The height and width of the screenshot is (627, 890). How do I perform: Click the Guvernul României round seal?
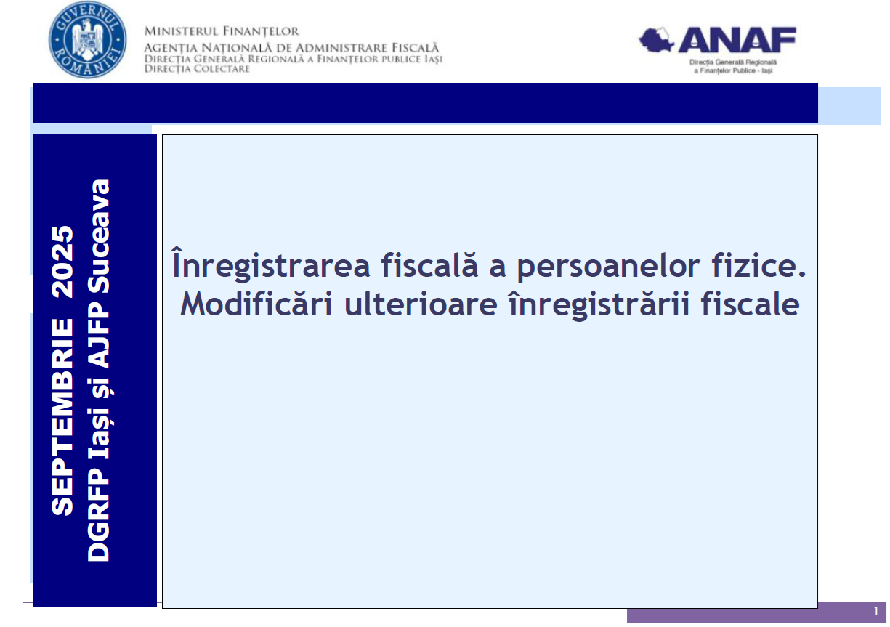pyautogui.click(x=87, y=40)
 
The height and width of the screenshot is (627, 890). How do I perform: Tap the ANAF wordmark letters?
pyautogui.click(x=737, y=40)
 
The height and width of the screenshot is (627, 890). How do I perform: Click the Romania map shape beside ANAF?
pyautogui.click(x=656, y=40)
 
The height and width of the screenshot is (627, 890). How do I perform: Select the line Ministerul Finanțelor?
pyautogui.click(x=222, y=31)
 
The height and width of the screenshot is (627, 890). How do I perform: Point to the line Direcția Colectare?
pyautogui.click(x=197, y=69)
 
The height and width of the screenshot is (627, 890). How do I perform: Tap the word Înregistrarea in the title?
pyautogui.click(x=270, y=264)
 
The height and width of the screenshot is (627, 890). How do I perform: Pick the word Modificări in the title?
pyautogui.click(x=256, y=303)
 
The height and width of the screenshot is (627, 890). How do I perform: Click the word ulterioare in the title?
pyautogui.click(x=421, y=304)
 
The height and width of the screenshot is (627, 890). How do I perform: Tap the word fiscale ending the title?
pyautogui.click(x=750, y=303)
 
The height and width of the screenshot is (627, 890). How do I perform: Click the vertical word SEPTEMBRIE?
pyautogui.click(x=62, y=417)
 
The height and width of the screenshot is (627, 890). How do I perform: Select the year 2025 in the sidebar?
pyautogui.click(x=62, y=262)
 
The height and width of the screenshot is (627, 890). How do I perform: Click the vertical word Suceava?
pyautogui.click(x=98, y=236)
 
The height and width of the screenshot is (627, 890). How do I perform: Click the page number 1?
pyautogui.click(x=876, y=612)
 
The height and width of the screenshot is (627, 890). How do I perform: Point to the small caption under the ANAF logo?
pyautogui.click(x=733, y=66)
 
